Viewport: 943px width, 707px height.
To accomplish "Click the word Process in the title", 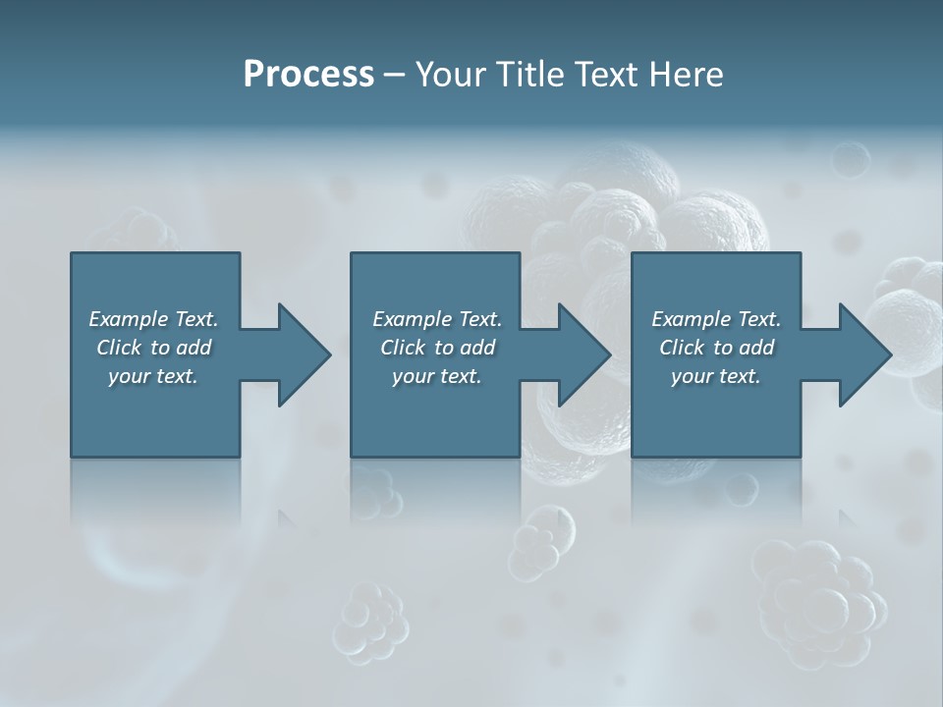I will click(x=308, y=75).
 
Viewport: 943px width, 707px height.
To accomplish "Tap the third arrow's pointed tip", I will click(x=889, y=354).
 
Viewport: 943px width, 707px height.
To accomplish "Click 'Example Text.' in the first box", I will click(x=153, y=319).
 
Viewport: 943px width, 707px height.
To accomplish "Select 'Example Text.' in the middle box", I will click(x=436, y=319).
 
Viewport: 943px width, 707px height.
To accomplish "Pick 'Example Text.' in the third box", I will click(x=716, y=319).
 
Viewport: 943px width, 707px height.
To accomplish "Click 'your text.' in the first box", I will click(x=153, y=376).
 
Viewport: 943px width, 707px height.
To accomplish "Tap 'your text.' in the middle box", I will click(x=436, y=376).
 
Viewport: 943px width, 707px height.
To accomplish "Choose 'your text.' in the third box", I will click(x=716, y=376).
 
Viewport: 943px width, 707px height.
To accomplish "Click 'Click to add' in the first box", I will click(x=153, y=348).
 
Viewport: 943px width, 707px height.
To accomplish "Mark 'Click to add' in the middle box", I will click(x=436, y=348).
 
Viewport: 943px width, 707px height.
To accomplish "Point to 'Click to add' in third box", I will click(x=716, y=348).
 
